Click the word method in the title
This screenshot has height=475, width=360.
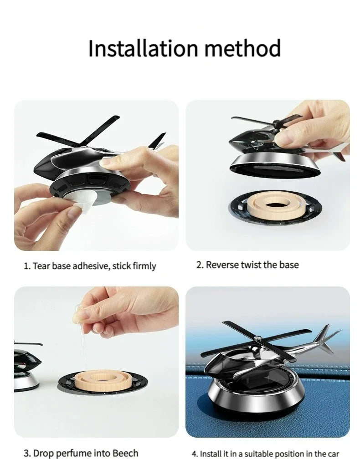tap(241, 48)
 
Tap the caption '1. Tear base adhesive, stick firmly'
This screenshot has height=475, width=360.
tap(90, 266)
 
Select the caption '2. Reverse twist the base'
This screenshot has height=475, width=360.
tap(247, 265)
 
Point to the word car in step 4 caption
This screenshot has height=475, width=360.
tap(333, 454)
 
